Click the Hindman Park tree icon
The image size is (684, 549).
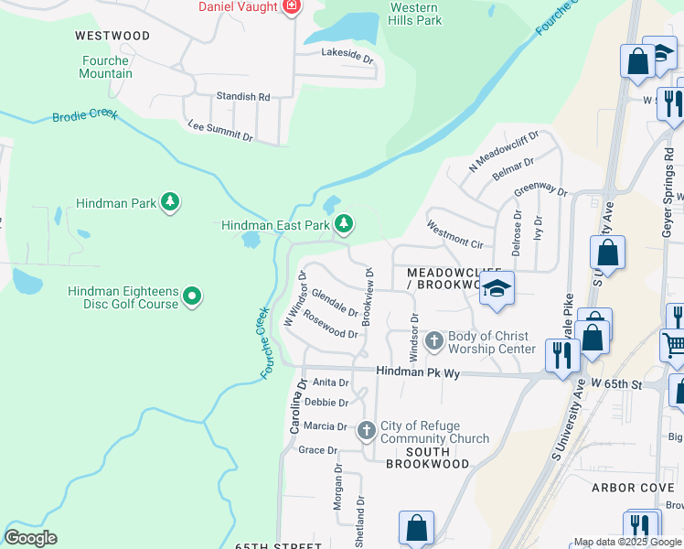(169, 202)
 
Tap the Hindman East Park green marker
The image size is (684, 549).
(344, 224)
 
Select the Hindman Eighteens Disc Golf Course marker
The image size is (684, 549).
(192, 296)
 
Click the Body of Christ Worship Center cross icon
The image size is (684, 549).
(434, 341)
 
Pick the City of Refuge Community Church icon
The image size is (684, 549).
(367, 430)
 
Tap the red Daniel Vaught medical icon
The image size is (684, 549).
(292, 7)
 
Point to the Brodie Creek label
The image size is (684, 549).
(85, 116)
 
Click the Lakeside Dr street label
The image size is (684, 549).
(347, 55)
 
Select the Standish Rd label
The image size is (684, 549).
(242, 96)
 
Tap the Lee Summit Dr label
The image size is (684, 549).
(219, 130)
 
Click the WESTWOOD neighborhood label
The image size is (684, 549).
(112, 36)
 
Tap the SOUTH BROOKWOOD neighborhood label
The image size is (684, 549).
(428, 457)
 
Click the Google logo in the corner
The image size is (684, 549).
(30, 538)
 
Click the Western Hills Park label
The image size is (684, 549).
(416, 14)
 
